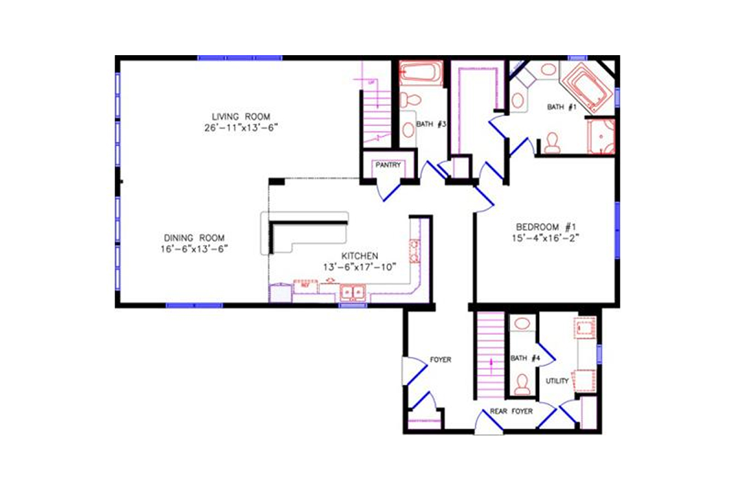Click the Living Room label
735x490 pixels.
[x=241, y=116]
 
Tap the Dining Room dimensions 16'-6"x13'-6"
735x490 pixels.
[x=194, y=249]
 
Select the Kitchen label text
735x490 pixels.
[x=360, y=255]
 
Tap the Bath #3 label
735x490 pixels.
[x=431, y=124]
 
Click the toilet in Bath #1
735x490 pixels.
[x=552, y=142]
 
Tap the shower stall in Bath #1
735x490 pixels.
[x=600, y=136]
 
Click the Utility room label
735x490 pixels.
[x=557, y=381]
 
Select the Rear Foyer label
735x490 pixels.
[x=511, y=412]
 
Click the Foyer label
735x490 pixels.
[x=440, y=360]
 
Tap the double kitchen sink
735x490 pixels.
[x=353, y=292]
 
